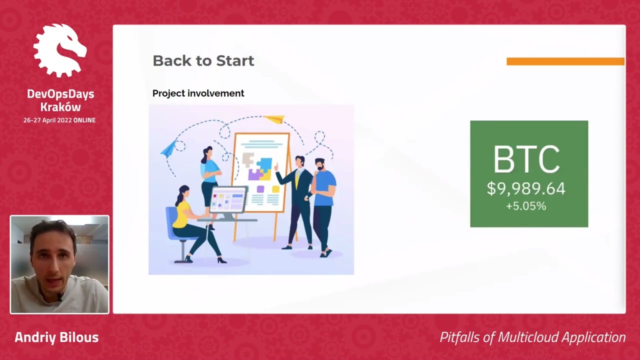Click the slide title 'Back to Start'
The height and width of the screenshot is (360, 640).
(203, 61)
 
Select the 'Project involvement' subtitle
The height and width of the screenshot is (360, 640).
(198, 93)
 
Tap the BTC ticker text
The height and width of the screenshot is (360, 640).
(526, 159)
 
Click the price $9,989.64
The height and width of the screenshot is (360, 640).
(526, 188)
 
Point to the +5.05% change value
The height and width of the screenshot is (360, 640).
(526, 206)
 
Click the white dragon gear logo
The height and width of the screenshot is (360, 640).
(60, 50)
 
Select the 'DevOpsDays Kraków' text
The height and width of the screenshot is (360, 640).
(60, 100)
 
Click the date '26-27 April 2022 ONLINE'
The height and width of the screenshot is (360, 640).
(59, 120)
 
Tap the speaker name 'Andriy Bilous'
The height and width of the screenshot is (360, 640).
(56, 337)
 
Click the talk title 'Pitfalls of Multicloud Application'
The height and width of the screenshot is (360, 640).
(532, 337)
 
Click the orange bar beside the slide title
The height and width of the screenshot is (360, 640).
(565, 61)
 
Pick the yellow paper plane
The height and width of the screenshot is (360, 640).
(274, 119)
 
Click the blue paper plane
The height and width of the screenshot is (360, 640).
(168, 148)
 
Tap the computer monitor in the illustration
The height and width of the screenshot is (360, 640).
(228, 201)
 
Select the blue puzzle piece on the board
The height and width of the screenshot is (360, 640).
(265, 165)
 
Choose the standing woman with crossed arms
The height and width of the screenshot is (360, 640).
(209, 183)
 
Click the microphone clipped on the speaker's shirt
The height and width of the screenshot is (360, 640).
(59, 297)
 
